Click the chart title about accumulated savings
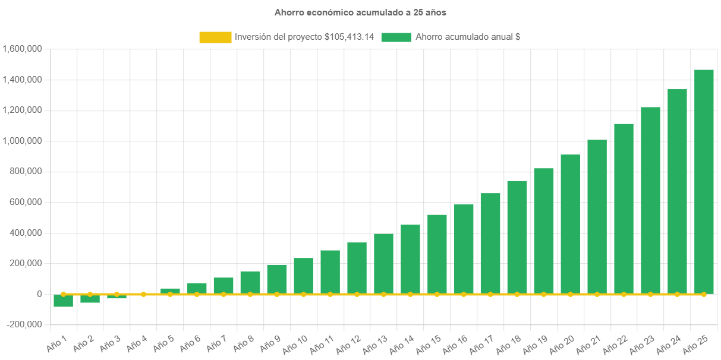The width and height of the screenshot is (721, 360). tap(360, 12)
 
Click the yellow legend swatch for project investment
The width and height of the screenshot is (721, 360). tap(215, 37)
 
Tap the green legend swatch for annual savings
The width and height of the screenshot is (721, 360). tap(396, 37)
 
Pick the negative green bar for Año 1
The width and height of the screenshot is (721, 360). tap(63, 301)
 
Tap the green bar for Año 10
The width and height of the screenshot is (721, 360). tap(303, 276)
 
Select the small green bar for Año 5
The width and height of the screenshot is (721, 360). tap(170, 291)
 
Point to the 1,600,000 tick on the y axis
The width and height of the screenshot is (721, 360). tap(22, 49)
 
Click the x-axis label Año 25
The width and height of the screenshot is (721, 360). tap(696, 343)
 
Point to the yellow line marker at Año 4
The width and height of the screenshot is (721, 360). tap(143, 294)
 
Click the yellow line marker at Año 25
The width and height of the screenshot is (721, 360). tap(704, 294)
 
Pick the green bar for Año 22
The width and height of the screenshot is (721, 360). tap(624, 209)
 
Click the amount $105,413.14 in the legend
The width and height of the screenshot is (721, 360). tap(350, 37)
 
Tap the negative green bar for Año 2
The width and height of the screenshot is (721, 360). tap(90, 298)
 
